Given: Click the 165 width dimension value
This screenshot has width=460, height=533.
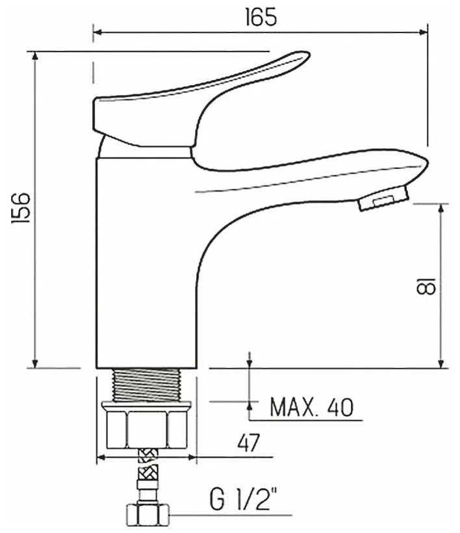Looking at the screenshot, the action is [261, 17].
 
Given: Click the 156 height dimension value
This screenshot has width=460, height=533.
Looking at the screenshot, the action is [21, 208].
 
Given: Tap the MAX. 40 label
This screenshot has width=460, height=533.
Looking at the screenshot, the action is [311, 407].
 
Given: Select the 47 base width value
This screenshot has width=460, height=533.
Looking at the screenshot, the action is [248, 443].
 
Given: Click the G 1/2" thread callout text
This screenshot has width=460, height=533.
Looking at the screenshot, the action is [244, 499].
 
